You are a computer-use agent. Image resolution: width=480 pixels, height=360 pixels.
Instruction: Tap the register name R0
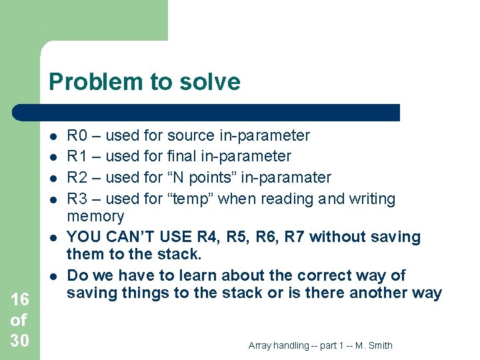coord(77,136)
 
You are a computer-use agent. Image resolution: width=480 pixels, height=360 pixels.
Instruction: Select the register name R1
coord(77,157)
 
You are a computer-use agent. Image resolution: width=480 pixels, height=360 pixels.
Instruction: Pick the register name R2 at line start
coord(77,177)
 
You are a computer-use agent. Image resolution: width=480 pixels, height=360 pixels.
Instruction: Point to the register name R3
coord(77,199)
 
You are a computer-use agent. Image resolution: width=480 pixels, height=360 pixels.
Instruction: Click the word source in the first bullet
coord(191,136)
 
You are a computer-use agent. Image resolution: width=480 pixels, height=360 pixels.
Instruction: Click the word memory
coord(95,216)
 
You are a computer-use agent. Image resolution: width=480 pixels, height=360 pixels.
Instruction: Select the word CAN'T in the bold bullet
coord(127,237)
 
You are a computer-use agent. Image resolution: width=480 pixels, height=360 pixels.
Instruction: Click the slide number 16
coord(20,300)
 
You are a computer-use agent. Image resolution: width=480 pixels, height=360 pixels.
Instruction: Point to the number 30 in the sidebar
coord(20,341)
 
